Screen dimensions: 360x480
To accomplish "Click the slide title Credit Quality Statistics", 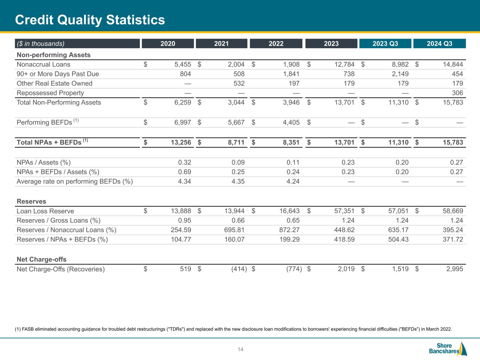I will pyautogui.click(x=90, y=20).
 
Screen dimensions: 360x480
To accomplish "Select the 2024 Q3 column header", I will pyautogui.click(x=439, y=44).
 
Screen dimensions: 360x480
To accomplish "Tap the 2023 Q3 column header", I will pyautogui.click(x=385, y=44).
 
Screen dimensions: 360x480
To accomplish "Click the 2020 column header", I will pyautogui.click(x=168, y=44).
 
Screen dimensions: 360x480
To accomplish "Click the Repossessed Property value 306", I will pyautogui.click(x=457, y=93).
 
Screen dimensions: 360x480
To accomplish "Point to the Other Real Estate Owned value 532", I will pyautogui.click(x=238, y=83).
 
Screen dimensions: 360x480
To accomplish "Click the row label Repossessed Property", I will pyautogui.click(x=50, y=93).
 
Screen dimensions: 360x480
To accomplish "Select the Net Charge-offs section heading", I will pyautogui.click(x=41, y=259).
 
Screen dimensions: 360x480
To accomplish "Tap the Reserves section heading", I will pyautogui.click(x=31, y=201).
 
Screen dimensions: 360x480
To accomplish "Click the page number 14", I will pyautogui.click(x=241, y=349).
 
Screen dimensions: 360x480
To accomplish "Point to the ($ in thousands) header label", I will pyautogui.click(x=40, y=44).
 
